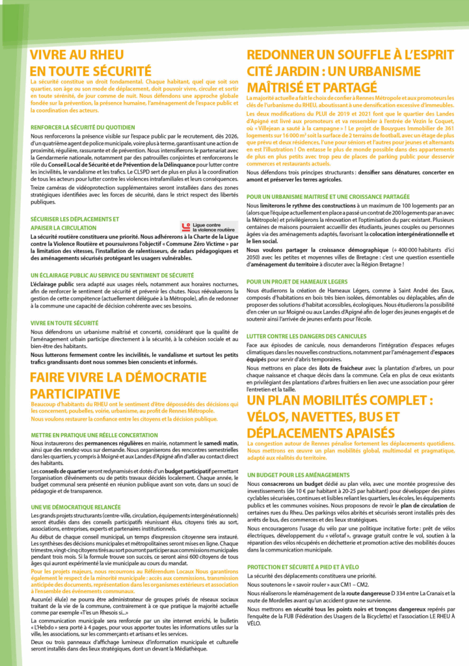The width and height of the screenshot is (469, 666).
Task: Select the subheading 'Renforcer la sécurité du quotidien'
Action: [x=83, y=127]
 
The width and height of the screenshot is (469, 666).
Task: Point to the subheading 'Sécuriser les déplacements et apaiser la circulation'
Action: [x=75, y=224]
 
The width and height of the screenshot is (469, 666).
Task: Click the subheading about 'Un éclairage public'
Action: [x=112, y=276]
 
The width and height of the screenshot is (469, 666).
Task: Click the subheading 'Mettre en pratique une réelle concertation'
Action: [x=94, y=434]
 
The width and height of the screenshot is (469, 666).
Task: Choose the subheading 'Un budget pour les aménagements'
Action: [x=299, y=475]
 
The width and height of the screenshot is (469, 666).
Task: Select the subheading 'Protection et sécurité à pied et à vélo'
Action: [x=312, y=567]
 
